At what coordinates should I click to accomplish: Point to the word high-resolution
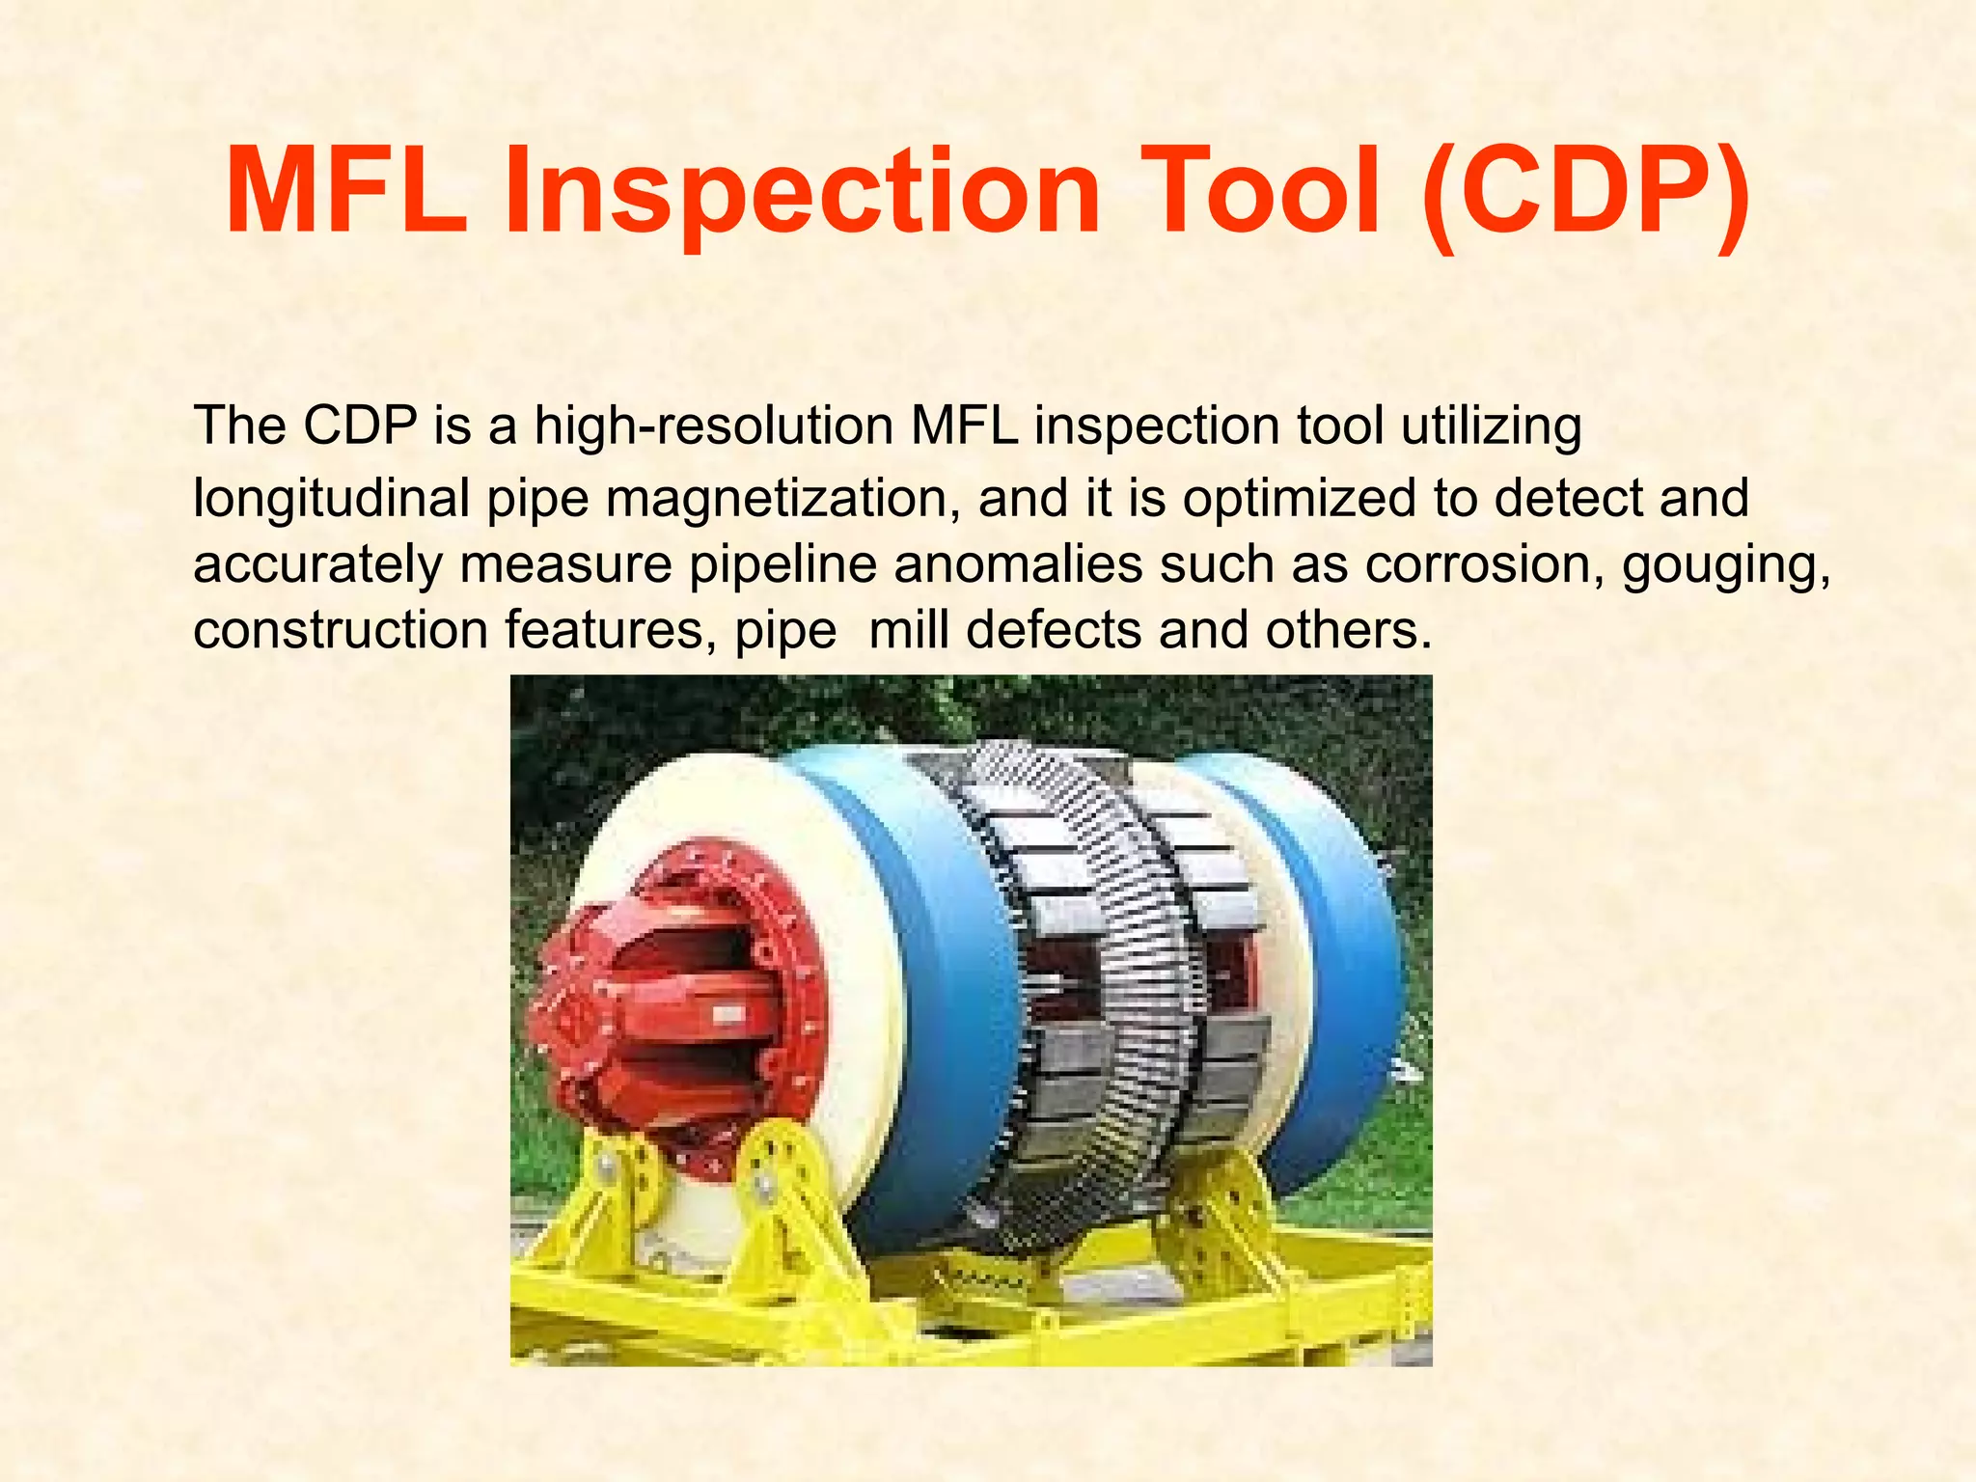[x=714, y=425]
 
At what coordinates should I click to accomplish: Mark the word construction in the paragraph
[x=341, y=630]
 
